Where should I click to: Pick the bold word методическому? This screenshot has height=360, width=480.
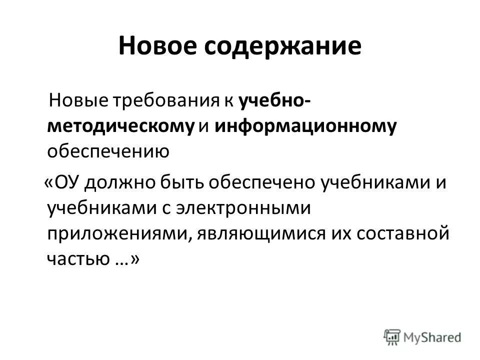(120, 126)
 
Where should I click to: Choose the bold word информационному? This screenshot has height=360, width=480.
(306, 126)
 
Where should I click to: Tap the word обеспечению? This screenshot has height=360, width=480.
(108, 151)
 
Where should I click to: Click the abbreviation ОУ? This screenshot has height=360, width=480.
(64, 183)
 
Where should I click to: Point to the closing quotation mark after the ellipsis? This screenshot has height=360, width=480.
(134, 258)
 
